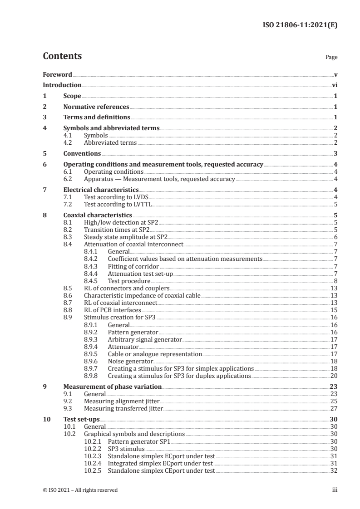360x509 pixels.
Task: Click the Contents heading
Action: coord(62,56)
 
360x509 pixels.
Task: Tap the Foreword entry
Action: coord(57,74)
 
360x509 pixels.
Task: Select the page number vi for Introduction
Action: coord(334,85)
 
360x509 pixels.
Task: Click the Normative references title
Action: coord(96,107)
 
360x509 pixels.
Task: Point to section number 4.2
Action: coord(69,142)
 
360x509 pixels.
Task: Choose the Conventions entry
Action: coord(82,153)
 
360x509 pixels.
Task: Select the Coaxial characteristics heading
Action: coord(98,215)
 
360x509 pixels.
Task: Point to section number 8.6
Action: coord(69,295)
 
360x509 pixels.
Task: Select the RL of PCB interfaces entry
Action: coord(112,309)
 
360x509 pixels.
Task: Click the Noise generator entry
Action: coord(130,361)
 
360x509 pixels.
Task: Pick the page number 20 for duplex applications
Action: coord(334,376)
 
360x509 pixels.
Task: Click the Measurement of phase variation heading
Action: coord(112,387)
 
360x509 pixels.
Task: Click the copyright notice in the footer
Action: coord(80,490)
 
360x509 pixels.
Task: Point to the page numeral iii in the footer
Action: coord(334,490)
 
